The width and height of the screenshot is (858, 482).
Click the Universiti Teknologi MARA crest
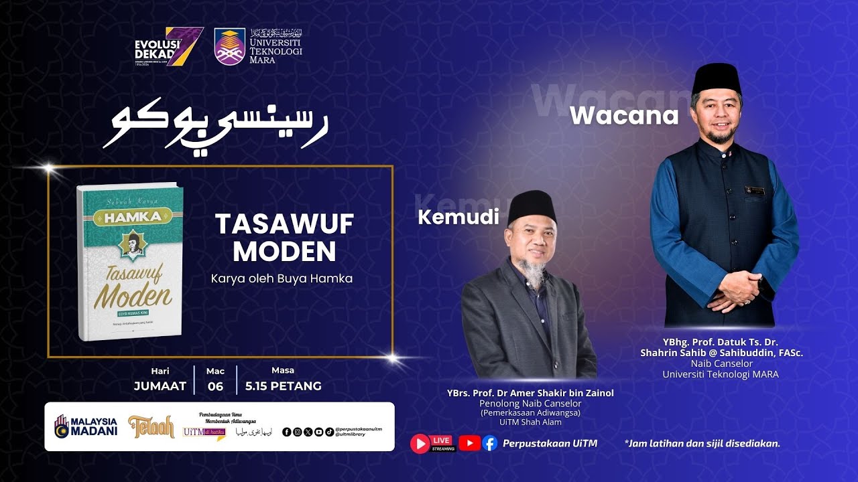229,46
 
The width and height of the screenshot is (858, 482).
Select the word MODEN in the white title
284,252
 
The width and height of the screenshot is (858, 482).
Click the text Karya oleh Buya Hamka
282,278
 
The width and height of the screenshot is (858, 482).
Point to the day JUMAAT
160,386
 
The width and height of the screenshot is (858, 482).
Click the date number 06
215,386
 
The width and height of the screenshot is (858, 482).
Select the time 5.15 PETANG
283,386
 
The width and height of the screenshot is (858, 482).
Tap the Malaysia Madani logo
86,426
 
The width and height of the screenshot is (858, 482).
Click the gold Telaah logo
151,426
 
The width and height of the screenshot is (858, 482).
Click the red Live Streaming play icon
420,443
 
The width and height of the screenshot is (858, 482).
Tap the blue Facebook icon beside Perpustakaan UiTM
490,443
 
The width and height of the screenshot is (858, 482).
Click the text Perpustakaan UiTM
550,443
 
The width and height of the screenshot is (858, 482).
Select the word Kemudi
458,217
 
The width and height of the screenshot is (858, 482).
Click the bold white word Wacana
624,116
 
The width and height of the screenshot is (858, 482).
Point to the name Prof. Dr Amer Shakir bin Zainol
530,393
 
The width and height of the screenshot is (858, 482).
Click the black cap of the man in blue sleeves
717,78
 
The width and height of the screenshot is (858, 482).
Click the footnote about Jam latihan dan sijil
702,443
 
